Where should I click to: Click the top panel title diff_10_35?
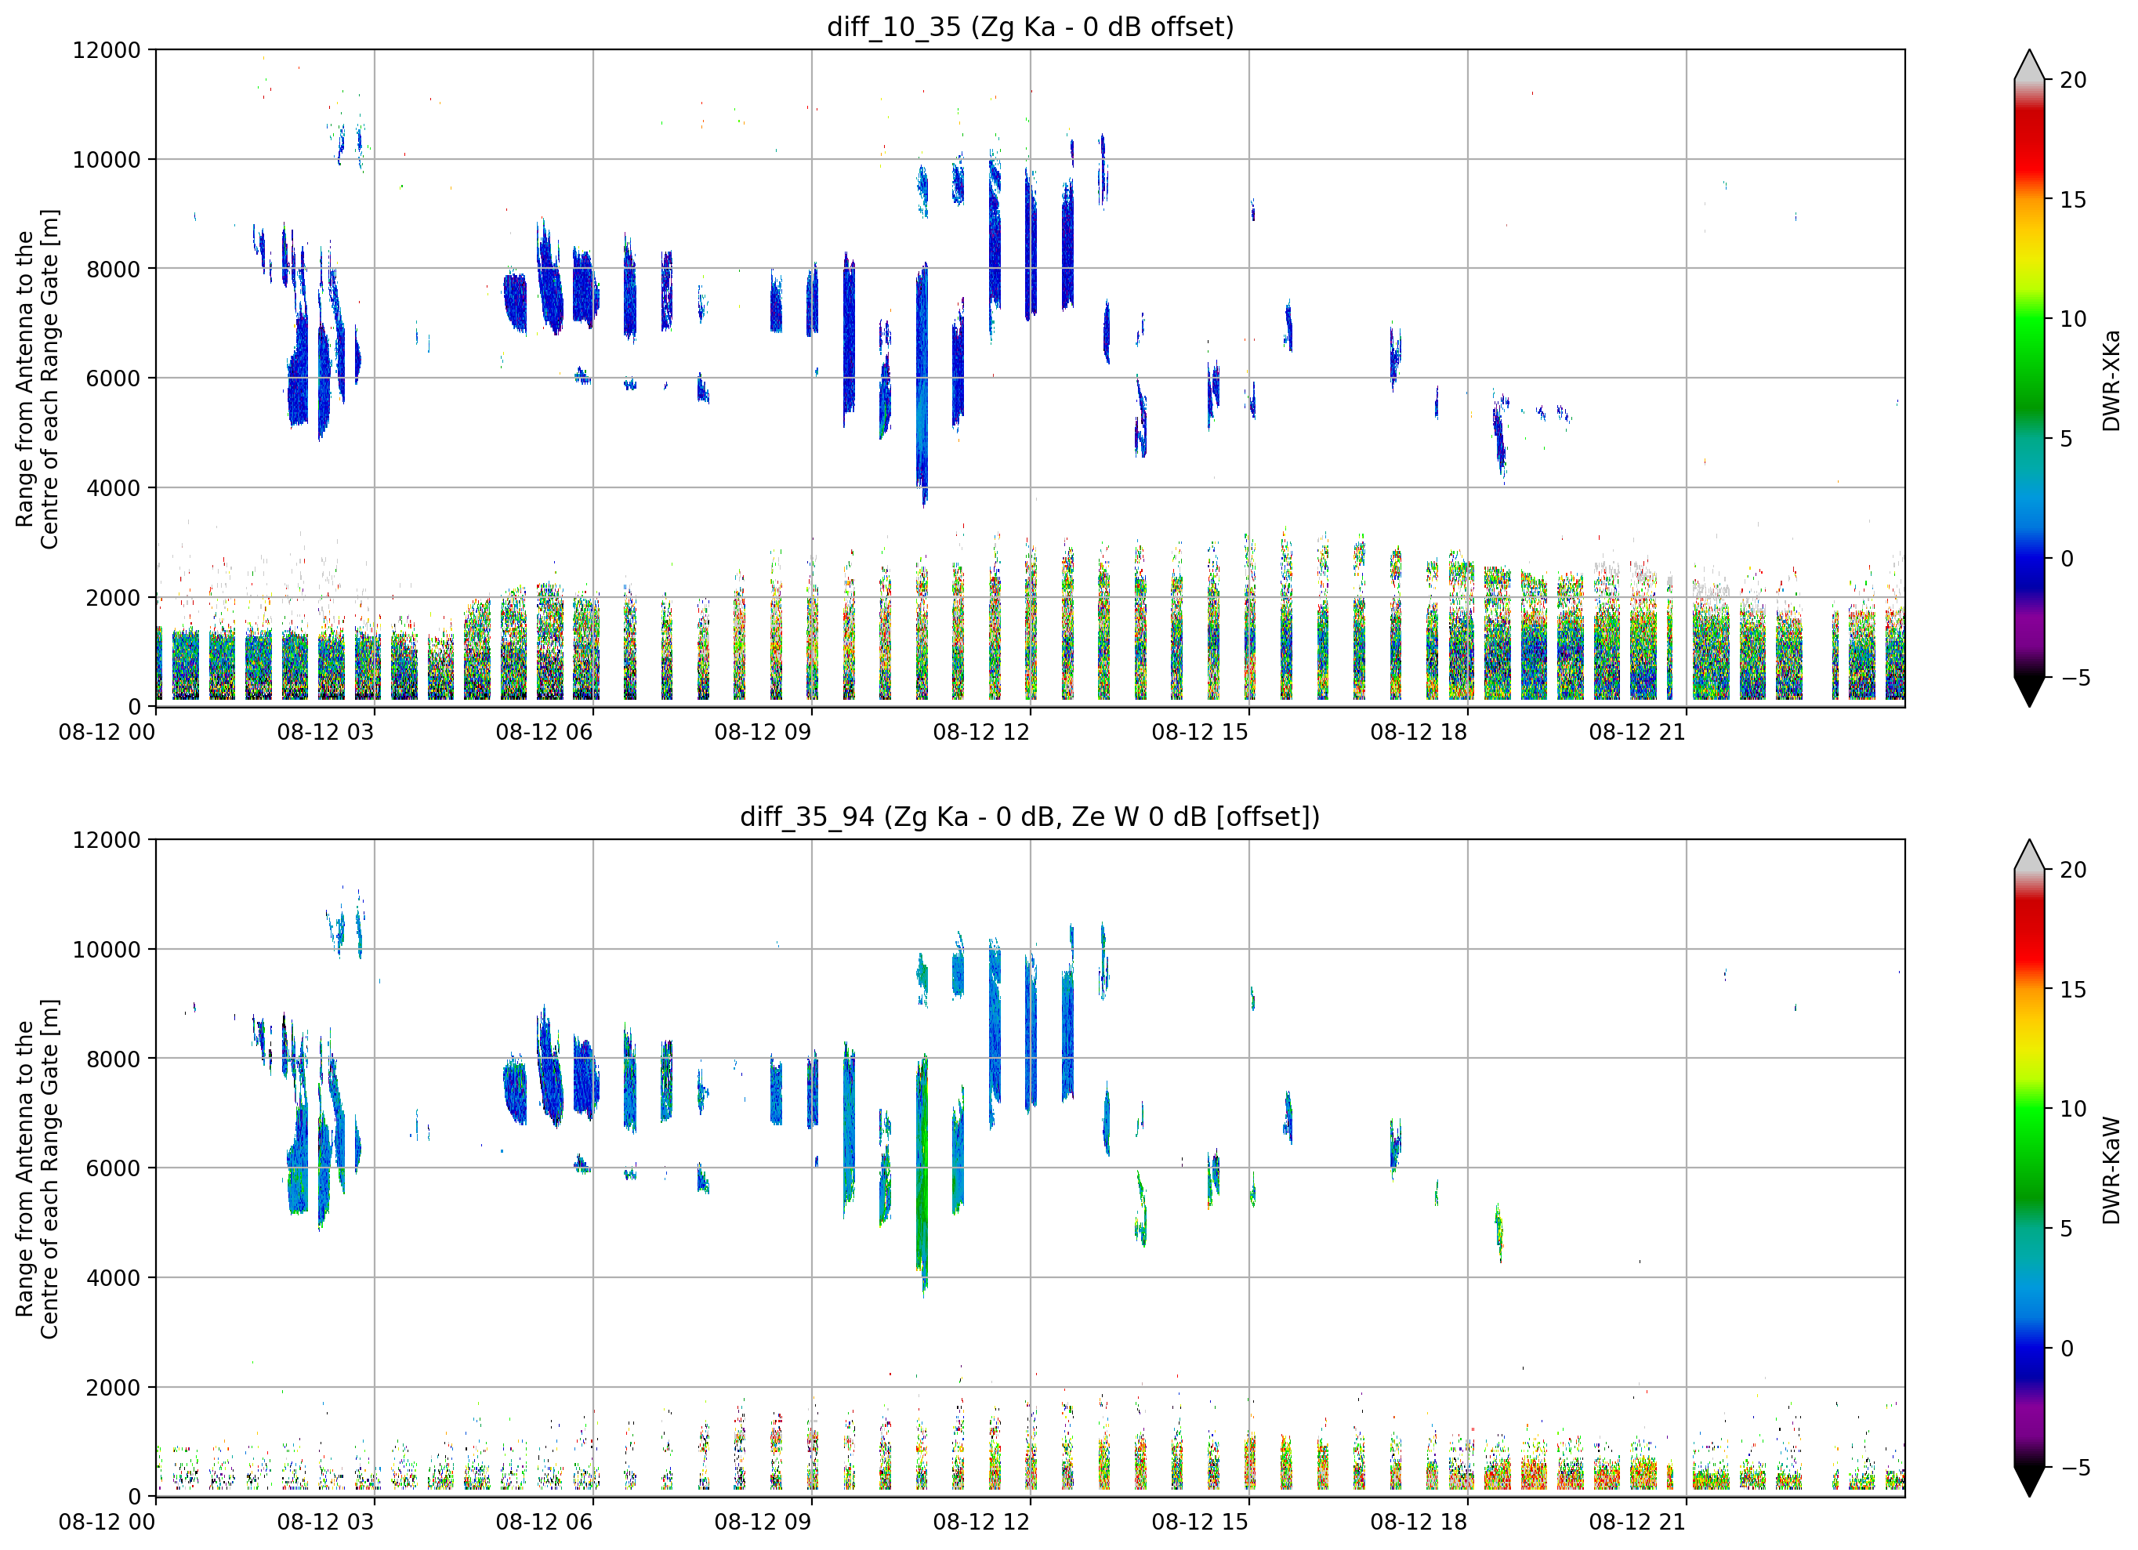[x=893, y=27]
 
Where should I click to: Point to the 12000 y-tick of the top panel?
[x=107, y=50]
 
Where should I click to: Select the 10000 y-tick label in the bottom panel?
[x=107, y=950]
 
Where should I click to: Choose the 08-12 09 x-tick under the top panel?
[x=763, y=733]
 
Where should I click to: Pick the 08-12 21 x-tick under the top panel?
[x=1637, y=733]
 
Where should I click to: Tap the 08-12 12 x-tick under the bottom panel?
[x=981, y=1523]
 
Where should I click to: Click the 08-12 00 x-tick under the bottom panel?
[x=107, y=1523]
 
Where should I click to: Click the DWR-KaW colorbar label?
[x=2111, y=1170]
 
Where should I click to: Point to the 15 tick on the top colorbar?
[x=2073, y=200]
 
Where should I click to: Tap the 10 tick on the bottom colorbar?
[x=2073, y=1109]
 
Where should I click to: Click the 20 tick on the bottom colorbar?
[x=2073, y=869]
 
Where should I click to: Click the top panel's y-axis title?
[x=37, y=378]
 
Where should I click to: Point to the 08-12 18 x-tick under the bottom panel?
[x=1419, y=1523]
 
